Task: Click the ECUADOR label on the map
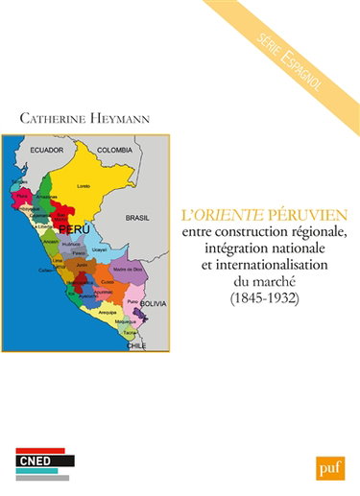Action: (45, 151)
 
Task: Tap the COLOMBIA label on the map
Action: (114, 151)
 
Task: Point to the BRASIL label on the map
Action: (137, 218)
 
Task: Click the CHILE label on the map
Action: (136, 344)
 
